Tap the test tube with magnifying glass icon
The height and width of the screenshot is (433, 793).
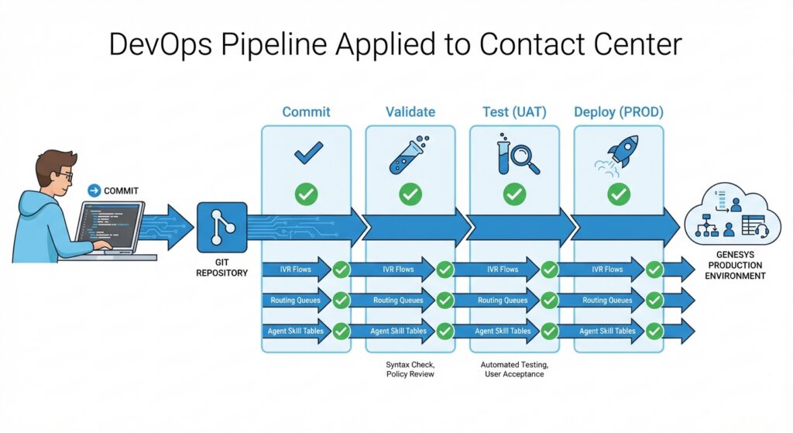tap(517, 156)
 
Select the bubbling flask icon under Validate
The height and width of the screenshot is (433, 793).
tap(409, 155)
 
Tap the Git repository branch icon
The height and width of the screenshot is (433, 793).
tap(222, 227)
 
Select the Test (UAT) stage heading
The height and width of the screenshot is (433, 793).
tap(514, 112)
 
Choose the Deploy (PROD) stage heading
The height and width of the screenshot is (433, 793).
tap(618, 112)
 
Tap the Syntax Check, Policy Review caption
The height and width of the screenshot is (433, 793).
tap(410, 369)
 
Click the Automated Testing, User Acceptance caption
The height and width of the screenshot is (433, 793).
tap(514, 369)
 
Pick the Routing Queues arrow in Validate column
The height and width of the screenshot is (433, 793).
tap(398, 301)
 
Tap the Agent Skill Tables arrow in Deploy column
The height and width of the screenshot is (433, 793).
tap(607, 331)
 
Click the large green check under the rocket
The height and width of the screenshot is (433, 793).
tap(619, 194)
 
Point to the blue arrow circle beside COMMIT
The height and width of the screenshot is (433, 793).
tap(94, 190)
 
